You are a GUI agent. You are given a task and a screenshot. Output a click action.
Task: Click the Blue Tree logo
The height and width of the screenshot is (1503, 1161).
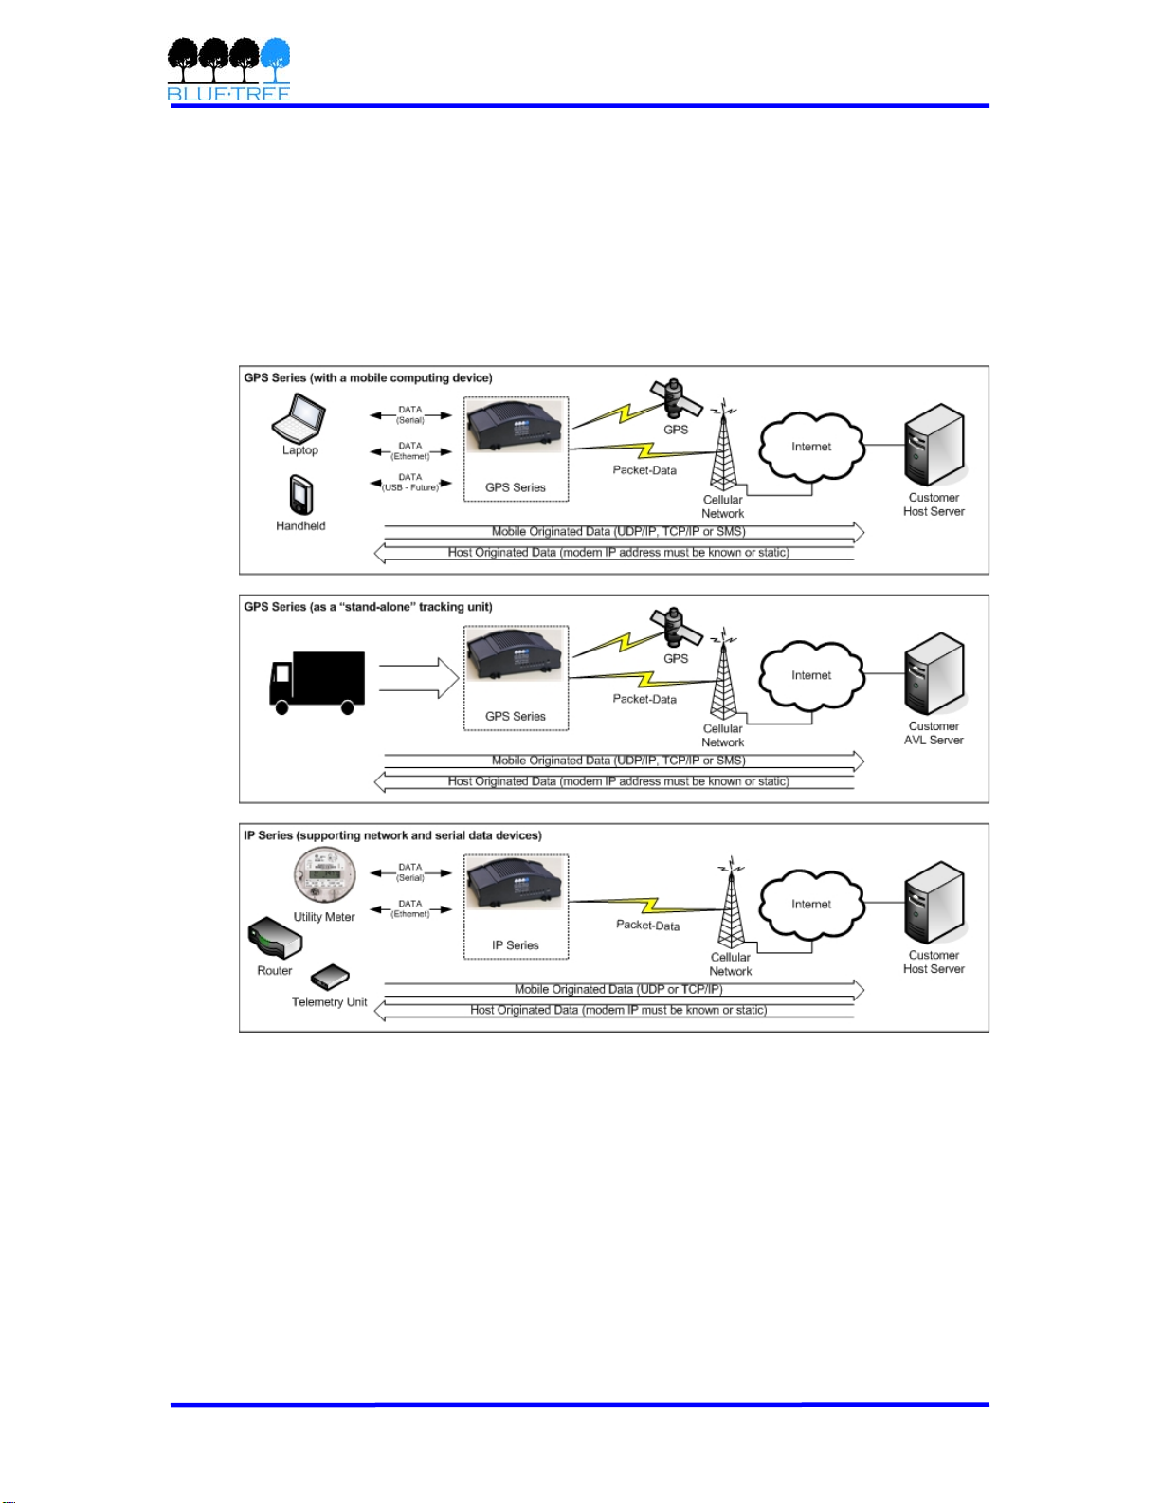[228, 68]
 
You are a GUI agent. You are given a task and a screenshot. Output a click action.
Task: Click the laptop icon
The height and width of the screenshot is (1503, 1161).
[299, 418]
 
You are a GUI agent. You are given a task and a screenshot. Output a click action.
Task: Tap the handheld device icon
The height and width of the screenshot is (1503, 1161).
[300, 494]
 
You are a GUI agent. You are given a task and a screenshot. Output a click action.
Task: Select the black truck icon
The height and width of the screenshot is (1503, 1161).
[317, 682]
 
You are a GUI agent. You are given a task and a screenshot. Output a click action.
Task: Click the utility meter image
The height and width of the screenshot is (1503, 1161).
[325, 874]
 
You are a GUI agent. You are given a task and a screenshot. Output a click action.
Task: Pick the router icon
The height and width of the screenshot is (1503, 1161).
[275, 939]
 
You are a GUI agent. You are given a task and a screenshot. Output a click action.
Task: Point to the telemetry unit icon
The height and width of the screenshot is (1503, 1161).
[331, 978]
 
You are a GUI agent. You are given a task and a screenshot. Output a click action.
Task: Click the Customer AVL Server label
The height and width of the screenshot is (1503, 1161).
[934, 733]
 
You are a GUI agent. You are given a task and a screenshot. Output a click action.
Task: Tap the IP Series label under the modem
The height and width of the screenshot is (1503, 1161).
[516, 945]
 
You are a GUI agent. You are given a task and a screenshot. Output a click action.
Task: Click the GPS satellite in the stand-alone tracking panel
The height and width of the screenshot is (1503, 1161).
[675, 627]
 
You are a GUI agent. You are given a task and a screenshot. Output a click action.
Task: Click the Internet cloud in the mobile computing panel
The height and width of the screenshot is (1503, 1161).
[811, 446]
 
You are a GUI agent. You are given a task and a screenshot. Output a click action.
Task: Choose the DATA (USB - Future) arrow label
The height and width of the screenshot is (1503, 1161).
[410, 483]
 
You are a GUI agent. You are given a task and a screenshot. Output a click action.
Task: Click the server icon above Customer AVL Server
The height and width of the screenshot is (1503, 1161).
[934, 674]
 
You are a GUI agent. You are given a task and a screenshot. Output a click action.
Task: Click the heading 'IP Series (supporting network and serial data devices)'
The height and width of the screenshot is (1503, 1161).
[393, 835]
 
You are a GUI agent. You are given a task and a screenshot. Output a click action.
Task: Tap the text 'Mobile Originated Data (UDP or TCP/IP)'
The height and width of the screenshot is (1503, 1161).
[619, 989]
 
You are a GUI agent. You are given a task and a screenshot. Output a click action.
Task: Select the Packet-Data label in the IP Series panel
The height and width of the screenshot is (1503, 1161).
[648, 925]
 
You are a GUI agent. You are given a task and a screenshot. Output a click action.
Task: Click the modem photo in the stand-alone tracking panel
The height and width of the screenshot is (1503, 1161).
[516, 655]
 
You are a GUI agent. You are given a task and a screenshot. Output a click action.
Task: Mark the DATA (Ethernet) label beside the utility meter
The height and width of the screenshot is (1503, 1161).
[410, 908]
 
